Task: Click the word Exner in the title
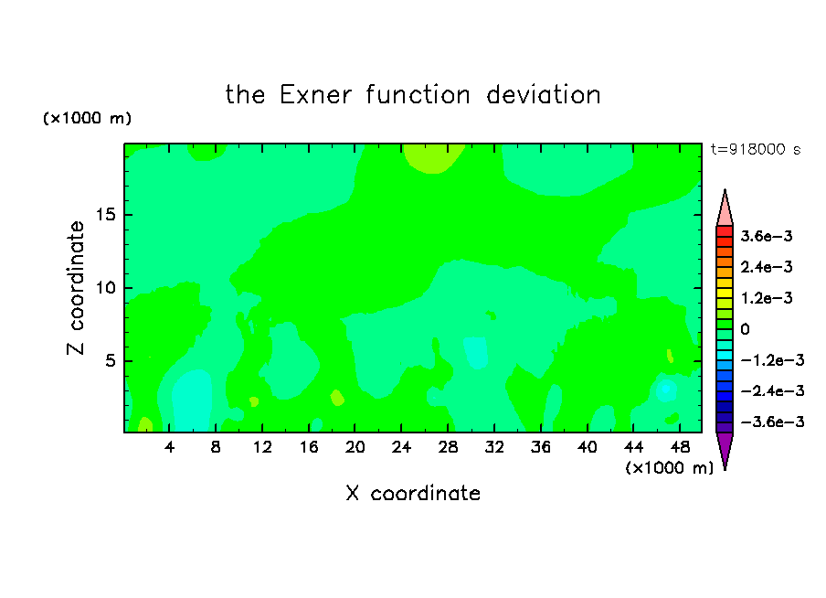[315, 95]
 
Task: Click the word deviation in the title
[544, 95]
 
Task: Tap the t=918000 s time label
[756, 150]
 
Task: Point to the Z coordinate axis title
[75, 288]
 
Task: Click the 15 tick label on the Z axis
[106, 215]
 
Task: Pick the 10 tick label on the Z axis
[106, 288]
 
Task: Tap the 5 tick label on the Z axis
[110, 360]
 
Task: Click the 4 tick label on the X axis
[169, 447]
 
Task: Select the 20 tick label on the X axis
[355, 447]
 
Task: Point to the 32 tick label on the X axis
[494, 447]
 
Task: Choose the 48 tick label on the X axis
[680, 447]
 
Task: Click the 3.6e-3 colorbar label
[767, 236]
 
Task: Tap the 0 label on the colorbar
[745, 329]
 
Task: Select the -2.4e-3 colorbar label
[772, 390]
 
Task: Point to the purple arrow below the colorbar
[725, 450]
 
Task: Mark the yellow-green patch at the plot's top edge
[433, 157]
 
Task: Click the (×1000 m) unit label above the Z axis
[87, 118]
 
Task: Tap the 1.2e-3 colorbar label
[767, 298]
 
